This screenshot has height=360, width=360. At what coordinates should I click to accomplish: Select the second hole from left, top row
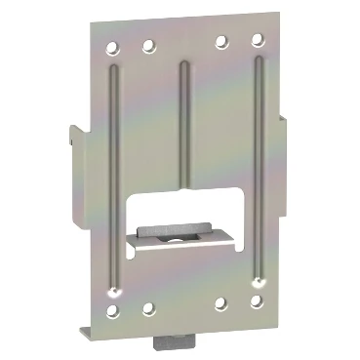[x=149, y=44]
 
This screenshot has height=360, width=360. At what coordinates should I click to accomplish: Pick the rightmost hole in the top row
[x=257, y=40]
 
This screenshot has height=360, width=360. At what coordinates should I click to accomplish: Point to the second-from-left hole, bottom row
[x=148, y=308]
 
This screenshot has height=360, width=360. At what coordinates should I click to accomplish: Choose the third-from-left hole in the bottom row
[x=223, y=303]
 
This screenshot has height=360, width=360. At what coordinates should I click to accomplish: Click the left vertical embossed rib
[x=116, y=176]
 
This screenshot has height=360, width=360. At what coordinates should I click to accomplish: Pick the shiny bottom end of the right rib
[x=259, y=278]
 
